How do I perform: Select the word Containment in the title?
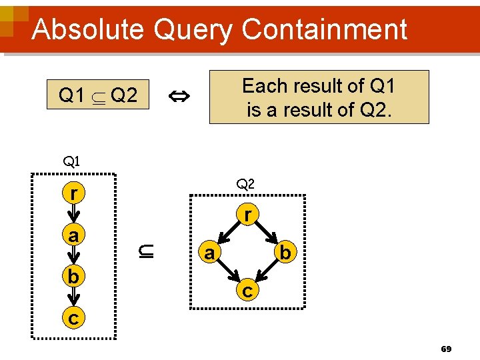pos(325,29)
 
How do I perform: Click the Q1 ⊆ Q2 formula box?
pos(98,96)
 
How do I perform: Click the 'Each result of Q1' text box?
pos(319,97)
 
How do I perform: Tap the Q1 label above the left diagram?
pos(71,161)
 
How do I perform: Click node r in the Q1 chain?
pos(73,193)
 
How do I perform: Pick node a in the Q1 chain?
pos(73,235)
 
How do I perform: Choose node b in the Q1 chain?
pos(73,276)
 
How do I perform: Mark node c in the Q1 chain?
pos(73,318)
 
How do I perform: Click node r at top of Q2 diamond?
pos(247,215)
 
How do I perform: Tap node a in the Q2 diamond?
pos(209,253)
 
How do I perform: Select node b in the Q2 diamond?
pos(285,253)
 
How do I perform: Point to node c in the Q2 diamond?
pos(247,291)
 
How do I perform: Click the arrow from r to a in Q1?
pos(73,215)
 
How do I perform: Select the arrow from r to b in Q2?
pos(267,234)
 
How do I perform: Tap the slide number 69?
pos(446,349)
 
